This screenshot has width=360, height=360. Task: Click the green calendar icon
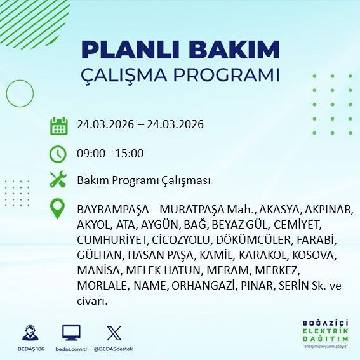[x=59, y=125]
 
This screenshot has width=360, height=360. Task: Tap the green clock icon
[x=59, y=153]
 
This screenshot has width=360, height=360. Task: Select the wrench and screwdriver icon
[x=59, y=180]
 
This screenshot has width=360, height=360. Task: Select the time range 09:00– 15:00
[x=110, y=153]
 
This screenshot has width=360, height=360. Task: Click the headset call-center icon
[x=30, y=333]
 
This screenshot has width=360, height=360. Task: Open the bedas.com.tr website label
[x=71, y=349]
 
